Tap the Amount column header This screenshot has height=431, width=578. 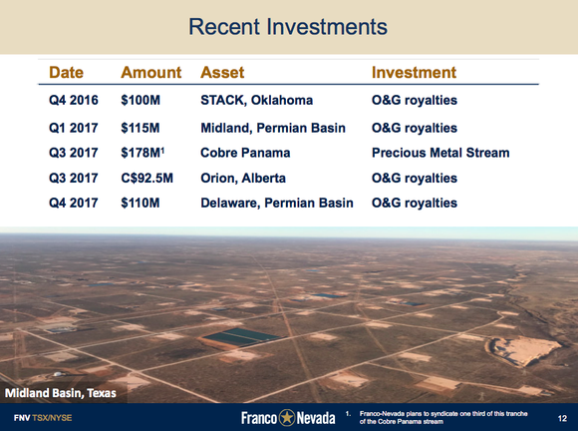click(150, 73)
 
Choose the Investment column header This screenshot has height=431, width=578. click(414, 73)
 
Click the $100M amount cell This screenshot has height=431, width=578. click(141, 101)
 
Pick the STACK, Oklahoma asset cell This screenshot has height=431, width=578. click(256, 101)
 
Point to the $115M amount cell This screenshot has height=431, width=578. click(140, 128)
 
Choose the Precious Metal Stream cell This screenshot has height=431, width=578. click(439, 154)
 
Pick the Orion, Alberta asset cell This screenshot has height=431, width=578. click(243, 179)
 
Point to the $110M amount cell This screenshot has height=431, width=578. click(140, 204)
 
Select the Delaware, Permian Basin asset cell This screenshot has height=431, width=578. click(277, 204)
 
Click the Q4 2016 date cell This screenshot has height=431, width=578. click(74, 101)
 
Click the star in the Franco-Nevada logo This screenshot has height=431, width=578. click(287, 416)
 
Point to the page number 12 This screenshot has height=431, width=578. click(563, 416)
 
